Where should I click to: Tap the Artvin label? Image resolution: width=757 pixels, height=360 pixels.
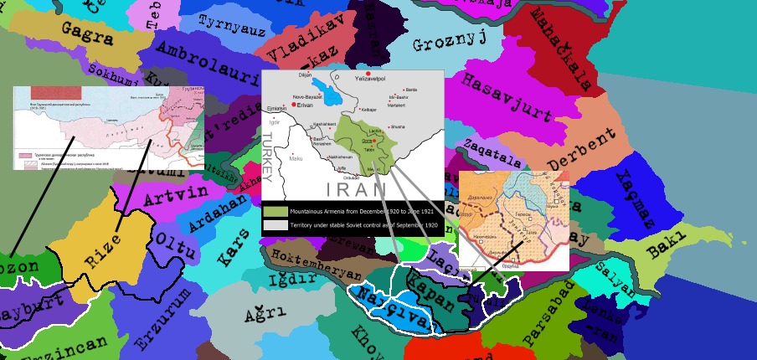pos(175,197)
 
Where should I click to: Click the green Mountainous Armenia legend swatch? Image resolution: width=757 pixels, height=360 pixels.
pos(275,211)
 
